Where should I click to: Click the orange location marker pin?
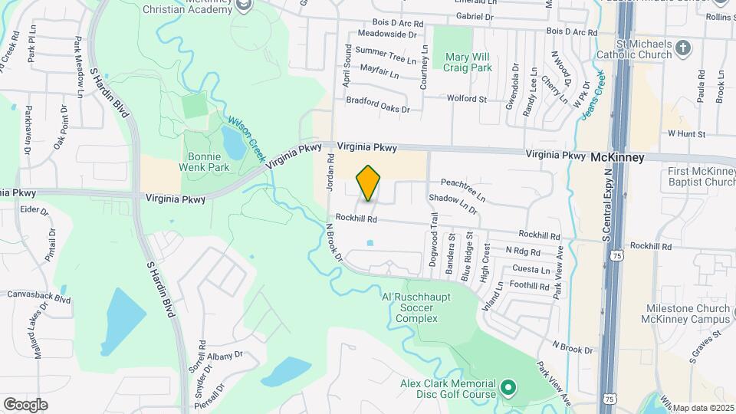(x=369, y=182)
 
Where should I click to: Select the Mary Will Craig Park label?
(x=467, y=61)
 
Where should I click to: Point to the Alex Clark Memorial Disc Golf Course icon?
(x=508, y=387)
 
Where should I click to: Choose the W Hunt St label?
(x=685, y=133)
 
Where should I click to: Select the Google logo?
(x=25, y=404)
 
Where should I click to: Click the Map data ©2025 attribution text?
(x=703, y=408)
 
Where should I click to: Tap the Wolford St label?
(x=467, y=99)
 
